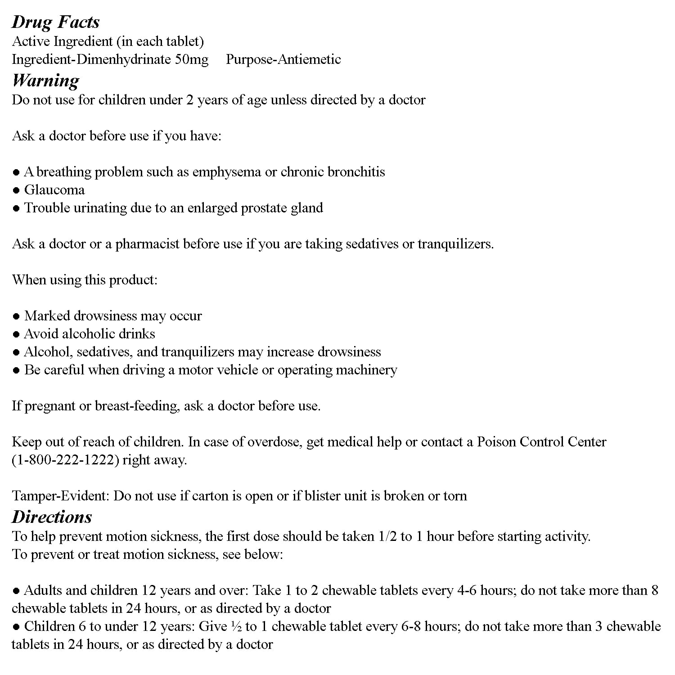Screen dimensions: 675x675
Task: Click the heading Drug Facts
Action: coord(55,22)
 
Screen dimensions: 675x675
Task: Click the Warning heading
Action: coord(45,80)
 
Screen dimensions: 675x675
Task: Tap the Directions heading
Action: coord(52,517)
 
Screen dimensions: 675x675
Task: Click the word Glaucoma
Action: coord(54,190)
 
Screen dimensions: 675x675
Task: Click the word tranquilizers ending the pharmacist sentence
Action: coord(455,244)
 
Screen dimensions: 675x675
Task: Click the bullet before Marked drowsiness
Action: coord(16,316)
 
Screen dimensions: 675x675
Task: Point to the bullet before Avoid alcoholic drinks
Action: coord(16,334)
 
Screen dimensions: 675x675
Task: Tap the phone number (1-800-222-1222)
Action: coord(65,460)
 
